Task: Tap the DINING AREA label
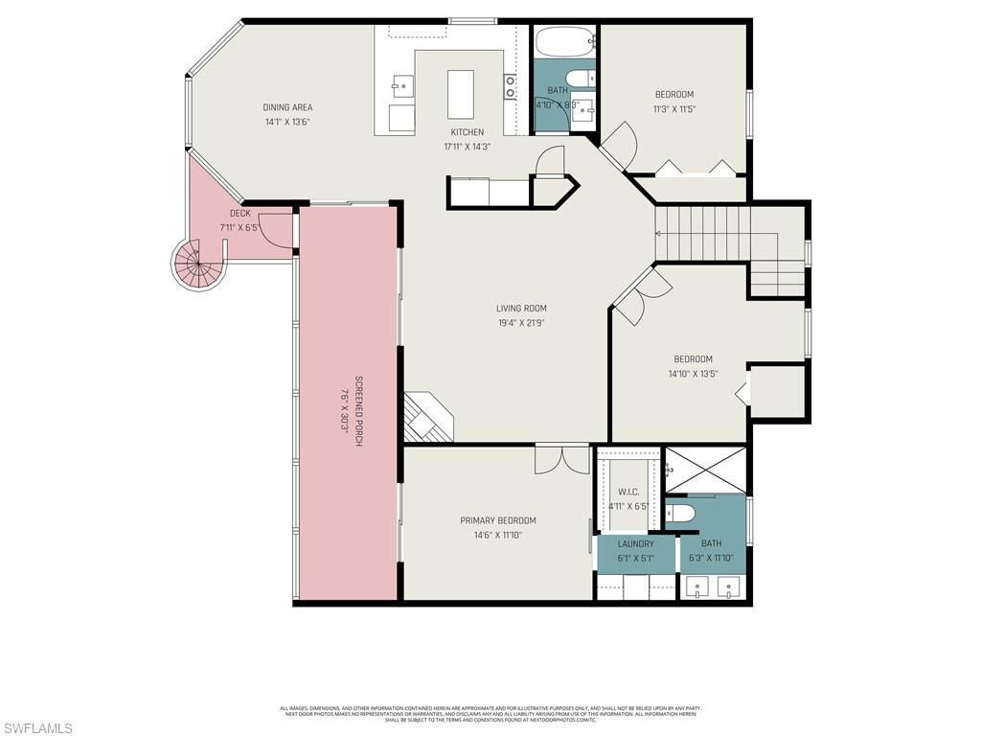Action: [287, 107]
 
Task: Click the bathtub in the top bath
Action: [564, 43]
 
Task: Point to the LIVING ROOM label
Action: [521, 309]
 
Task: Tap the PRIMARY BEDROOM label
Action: [497, 521]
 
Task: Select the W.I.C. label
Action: [628, 492]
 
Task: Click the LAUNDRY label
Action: [635, 543]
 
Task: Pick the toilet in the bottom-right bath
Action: [679, 514]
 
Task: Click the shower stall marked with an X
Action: [704, 470]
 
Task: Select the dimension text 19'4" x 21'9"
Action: [521, 323]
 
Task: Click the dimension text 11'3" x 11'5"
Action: [674, 108]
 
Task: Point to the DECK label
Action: [240, 213]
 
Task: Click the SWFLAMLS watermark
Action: [36, 728]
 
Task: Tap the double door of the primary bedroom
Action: [562, 459]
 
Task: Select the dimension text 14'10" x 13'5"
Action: [692, 374]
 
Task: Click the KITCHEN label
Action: [467, 132]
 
